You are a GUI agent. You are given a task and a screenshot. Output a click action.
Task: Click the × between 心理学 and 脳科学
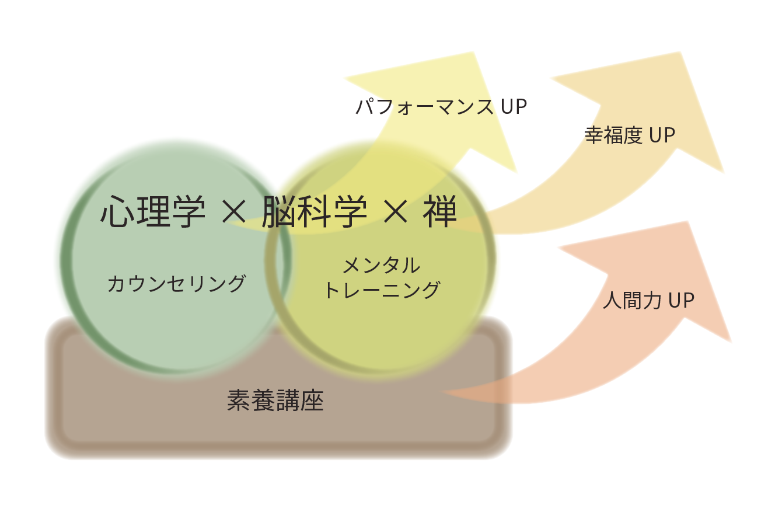[235, 213]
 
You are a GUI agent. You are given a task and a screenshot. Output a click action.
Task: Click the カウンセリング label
[176, 284]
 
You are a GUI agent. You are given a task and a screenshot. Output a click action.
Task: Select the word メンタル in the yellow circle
[381, 266]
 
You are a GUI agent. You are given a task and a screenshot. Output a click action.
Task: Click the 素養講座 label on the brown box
[275, 401]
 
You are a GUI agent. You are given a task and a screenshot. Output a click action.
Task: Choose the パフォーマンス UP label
[441, 107]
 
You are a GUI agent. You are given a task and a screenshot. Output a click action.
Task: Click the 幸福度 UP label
[630, 135]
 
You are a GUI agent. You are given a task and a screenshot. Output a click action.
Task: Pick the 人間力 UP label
[648, 301]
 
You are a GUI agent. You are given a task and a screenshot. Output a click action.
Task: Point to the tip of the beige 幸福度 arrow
[679, 54]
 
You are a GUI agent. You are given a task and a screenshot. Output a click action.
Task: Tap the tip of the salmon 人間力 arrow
[689, 223]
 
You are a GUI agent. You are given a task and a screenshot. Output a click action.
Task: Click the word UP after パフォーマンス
[514, 107]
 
